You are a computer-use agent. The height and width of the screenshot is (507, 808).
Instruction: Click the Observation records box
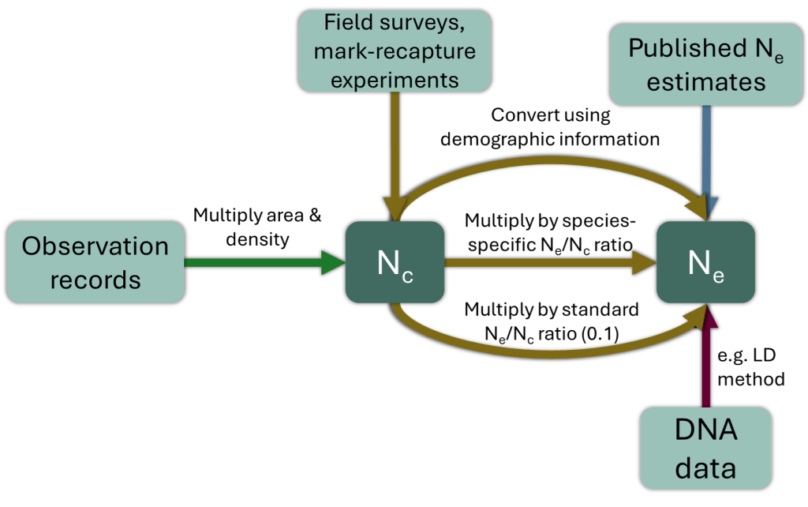tap(95, 262)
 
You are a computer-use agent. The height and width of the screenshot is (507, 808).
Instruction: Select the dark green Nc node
tap(395, 262)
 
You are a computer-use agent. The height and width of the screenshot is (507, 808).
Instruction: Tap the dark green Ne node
tap(705, 262)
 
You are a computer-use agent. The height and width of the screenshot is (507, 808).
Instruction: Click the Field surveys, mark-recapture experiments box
tap(395, 51)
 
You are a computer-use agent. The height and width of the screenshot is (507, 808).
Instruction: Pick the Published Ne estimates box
tap(706, 65)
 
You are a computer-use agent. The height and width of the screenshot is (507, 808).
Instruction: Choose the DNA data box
tap(705, 449)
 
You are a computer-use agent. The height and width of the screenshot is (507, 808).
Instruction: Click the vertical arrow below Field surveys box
tap(395, 157)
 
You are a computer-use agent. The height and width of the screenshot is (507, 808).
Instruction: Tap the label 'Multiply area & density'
tap(257, 227)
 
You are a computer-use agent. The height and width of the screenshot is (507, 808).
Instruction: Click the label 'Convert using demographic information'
tap(550, 127)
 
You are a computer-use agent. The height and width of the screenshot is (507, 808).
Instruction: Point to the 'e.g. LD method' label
tap(751, 366)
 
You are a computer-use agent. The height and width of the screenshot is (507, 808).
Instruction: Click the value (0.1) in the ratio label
tap(600, 334)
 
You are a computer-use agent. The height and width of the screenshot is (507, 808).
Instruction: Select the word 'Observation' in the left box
tap(95, 246)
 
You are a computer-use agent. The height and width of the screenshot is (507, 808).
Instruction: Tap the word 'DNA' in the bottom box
tap(706, 430)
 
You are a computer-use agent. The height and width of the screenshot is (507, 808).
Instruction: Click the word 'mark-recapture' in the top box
tap(395, 51)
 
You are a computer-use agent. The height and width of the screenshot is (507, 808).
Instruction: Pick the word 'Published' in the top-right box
tap(688, 48)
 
